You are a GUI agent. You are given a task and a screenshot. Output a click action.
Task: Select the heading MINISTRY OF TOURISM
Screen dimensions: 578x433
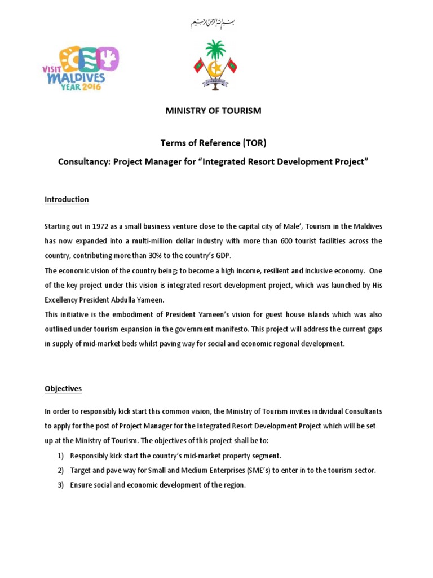coord(213,111)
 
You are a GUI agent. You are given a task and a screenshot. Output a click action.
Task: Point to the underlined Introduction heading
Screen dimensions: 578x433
coord(67,199)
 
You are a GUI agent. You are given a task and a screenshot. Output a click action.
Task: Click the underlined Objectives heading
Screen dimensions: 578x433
coord(63,388)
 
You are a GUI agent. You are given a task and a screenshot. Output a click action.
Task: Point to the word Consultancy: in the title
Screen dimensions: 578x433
coord(85,161)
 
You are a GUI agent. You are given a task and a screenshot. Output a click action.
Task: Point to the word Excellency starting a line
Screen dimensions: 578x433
coord(64,299)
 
